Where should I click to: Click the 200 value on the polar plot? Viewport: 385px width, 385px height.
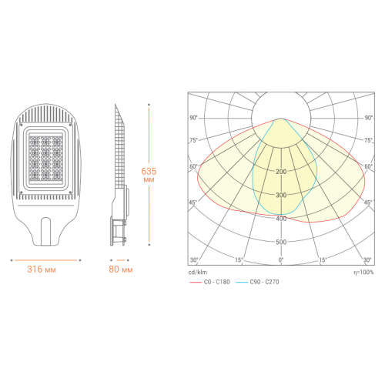281,171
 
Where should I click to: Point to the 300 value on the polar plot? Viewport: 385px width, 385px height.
281,195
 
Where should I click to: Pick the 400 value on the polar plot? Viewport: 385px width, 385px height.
281,219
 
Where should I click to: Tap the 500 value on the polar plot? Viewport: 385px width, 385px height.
281,242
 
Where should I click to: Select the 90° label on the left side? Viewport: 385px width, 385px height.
194,117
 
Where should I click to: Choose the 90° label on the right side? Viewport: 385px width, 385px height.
367,117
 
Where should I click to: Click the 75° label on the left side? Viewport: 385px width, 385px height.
194,141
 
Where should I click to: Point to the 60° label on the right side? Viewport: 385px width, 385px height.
367,166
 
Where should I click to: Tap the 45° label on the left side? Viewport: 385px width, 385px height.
194,202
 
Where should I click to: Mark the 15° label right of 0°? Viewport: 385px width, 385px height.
323,259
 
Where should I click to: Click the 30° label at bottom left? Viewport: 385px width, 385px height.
194,259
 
